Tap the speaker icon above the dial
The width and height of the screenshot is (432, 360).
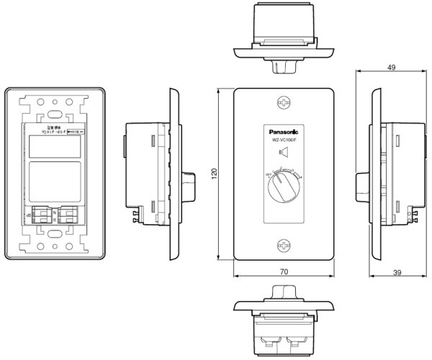pyautogui.click(x=284, y=152)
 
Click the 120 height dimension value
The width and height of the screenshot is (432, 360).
pyautogui.click(x=214, y=175)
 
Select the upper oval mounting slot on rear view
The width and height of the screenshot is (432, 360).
pyautogui.click(x=56, y=114)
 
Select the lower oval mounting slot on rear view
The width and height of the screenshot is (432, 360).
pyautogui.click(x=56, y=233)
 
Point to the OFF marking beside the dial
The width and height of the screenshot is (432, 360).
pyautogui.click(x=268, y=175)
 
